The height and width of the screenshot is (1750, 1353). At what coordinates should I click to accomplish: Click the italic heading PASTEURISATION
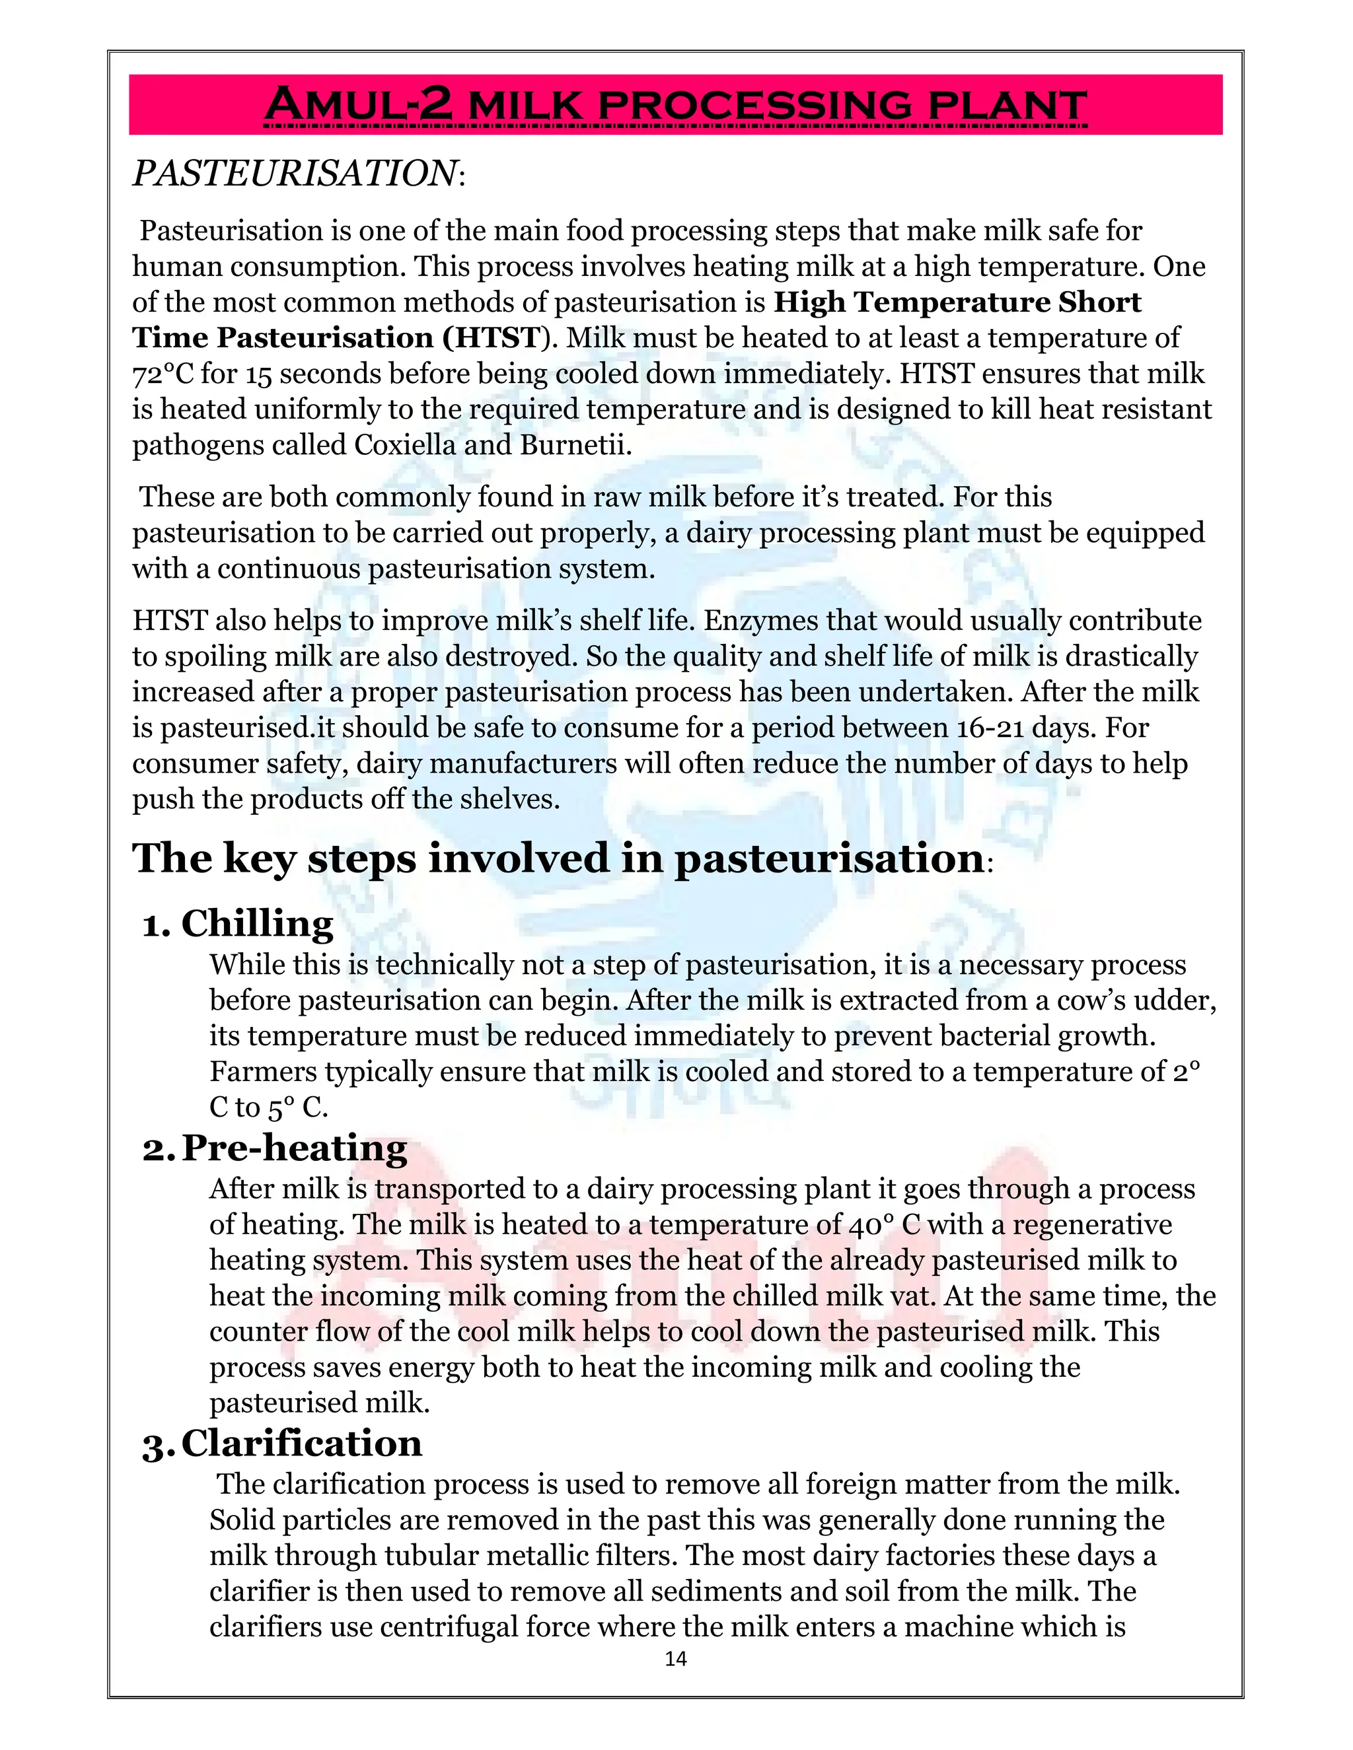pyautogui.click(x=294, y=174)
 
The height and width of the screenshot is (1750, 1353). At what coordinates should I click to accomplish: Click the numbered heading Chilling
pyautogui.click(x=256, y=923)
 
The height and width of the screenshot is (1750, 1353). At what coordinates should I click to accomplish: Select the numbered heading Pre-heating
pyautogui.click(x=294, y=1148)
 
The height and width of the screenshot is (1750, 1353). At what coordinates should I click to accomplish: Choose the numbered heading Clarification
pyautogui.click(x=301, y=1443)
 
